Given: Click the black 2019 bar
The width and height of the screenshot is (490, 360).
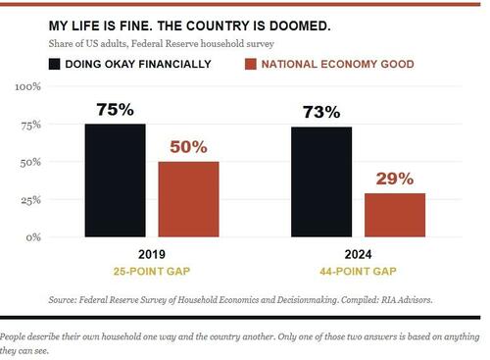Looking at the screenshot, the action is tap(116, 180).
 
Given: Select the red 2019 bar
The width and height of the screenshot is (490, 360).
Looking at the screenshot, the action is tap(189, 199).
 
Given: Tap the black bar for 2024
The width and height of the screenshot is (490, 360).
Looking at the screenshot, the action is tap(321, 181).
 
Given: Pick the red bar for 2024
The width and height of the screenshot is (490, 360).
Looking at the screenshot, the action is tap(395, 215).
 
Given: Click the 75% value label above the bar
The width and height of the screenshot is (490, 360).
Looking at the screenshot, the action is tap(116, 109).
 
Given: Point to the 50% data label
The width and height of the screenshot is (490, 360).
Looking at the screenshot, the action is tap(189, 147).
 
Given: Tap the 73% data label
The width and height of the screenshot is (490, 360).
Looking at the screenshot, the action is tap(321, 112).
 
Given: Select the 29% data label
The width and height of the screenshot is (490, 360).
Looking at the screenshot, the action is tap(395, 179).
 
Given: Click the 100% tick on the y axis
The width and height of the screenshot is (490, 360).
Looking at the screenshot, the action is tap(28, 87).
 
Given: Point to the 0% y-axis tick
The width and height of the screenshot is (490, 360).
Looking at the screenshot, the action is tap(33, 237).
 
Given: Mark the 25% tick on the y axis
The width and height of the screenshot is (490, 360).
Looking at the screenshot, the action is tap(31, 200).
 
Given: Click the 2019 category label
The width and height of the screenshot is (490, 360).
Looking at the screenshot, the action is tap(152, 254).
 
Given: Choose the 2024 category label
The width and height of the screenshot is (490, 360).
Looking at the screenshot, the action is tap(359, 254).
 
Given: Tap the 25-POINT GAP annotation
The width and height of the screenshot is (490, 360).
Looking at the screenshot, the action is tap(152, 272).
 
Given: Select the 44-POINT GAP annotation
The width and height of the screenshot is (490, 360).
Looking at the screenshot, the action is tap(359, 272).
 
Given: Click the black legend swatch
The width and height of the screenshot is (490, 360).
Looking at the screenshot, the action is tap(55, 64).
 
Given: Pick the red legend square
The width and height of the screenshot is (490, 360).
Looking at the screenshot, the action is tap(251, 64).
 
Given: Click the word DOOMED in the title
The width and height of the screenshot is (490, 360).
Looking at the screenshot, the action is tap(300, 26).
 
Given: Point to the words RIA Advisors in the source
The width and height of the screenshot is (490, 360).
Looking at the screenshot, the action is tap(408, 300).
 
